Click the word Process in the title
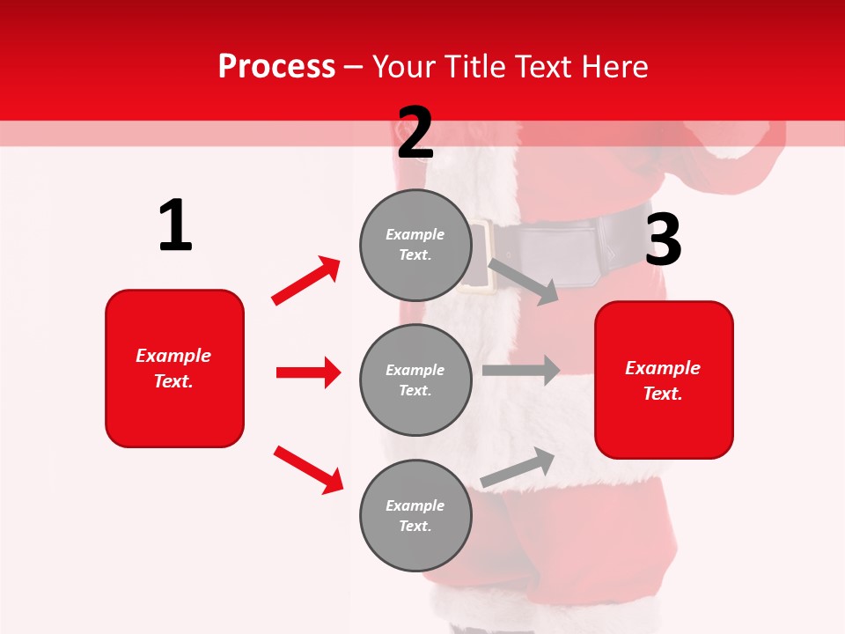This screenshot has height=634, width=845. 276,67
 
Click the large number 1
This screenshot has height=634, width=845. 175,226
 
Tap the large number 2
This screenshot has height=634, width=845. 415,133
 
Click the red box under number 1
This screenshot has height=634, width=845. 174,368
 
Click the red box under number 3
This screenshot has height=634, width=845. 664,380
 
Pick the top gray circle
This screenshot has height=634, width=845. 415,244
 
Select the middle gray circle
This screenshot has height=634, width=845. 415,380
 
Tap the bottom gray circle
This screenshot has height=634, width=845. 415,515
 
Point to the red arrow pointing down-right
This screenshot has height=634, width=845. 308,469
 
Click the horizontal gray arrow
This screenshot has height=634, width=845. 520,371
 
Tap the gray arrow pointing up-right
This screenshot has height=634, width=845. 518,468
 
